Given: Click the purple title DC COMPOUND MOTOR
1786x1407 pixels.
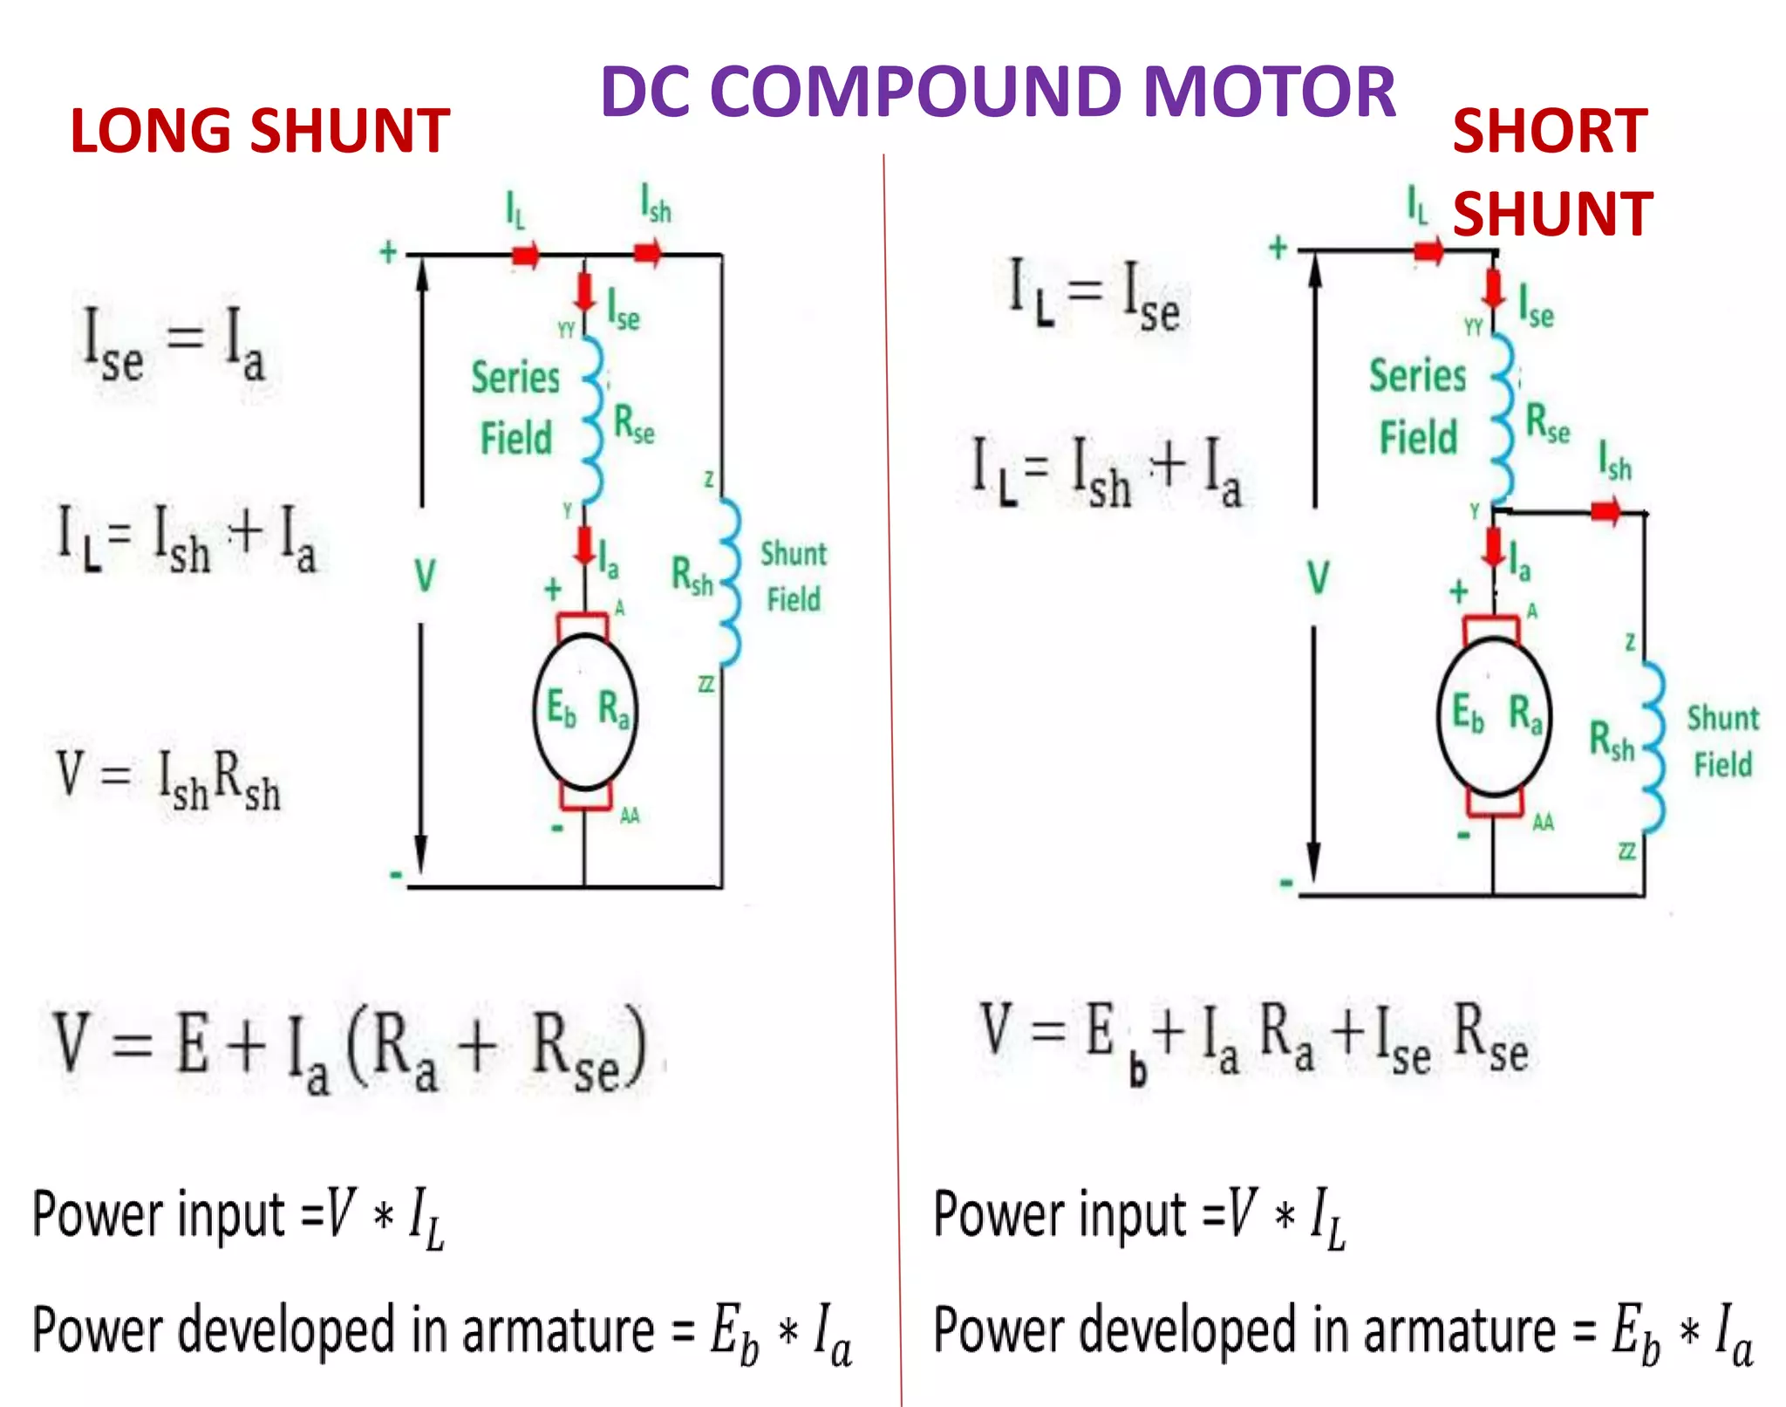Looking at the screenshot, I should click(998, 92).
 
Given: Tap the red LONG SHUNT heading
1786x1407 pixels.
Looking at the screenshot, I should click(260, 131).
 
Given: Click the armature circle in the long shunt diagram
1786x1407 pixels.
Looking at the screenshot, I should click(585, 711).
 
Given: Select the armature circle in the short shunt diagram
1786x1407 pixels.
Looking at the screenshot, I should click(1494, 715).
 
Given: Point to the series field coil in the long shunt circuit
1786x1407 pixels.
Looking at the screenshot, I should click(593, 419).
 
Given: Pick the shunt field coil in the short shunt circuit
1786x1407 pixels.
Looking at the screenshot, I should click(1653, 746).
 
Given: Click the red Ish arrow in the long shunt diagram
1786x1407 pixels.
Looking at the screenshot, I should click(647, 254).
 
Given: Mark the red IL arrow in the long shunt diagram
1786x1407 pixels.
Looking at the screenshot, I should click(525, 255).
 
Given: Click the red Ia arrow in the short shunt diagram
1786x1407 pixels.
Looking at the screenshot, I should click(1494, 548).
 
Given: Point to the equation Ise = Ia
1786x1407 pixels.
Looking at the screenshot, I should click(174, 345).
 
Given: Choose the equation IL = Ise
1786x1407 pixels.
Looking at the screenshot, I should click(1094, 295).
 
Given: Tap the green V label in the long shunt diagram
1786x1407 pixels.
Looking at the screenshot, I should click(425, 576).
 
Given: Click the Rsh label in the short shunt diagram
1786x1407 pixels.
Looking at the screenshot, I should click(1611, 740).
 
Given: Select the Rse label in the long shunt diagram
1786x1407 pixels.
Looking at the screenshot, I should click(634, 424).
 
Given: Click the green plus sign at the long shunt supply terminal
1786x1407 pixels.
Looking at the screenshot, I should click(388, 253).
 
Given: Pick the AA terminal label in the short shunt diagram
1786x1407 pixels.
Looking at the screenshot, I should click(1543, 822).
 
